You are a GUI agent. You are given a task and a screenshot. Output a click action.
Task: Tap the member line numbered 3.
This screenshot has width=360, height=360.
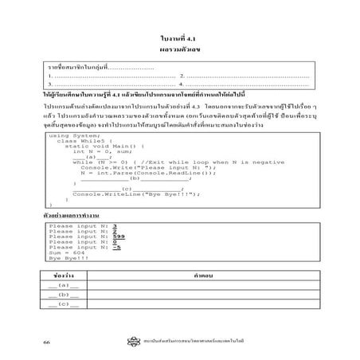(112, 84)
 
